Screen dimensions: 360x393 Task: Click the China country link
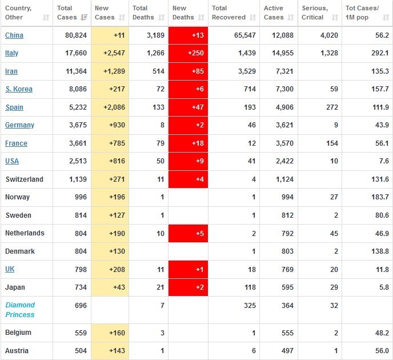[14, 35]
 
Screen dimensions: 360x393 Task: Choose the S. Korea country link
[19, 89]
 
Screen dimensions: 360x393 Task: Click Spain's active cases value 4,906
[283, 107]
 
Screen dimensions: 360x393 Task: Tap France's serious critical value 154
[331, 143]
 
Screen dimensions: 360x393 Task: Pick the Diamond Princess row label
[20, 310]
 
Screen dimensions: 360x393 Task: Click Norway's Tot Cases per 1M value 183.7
[379, 197]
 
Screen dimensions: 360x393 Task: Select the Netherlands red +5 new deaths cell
[188, 233]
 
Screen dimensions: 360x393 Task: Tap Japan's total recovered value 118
[249, 287]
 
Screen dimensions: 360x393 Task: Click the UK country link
[10, 269]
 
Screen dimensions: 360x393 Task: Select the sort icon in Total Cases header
[84, 18]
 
